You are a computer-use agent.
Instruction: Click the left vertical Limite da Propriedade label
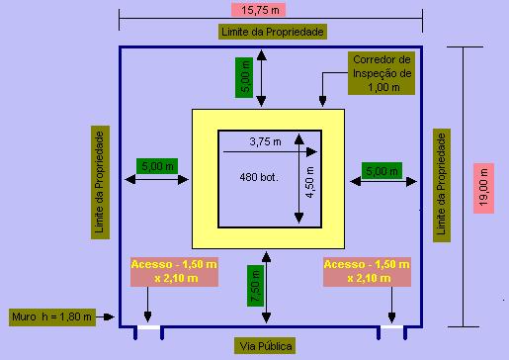coord(99,181)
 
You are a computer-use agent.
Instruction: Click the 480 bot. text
coord(256,177)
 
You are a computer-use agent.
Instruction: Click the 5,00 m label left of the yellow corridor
coord(158,166)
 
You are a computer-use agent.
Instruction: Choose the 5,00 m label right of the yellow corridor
coord(382,171)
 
